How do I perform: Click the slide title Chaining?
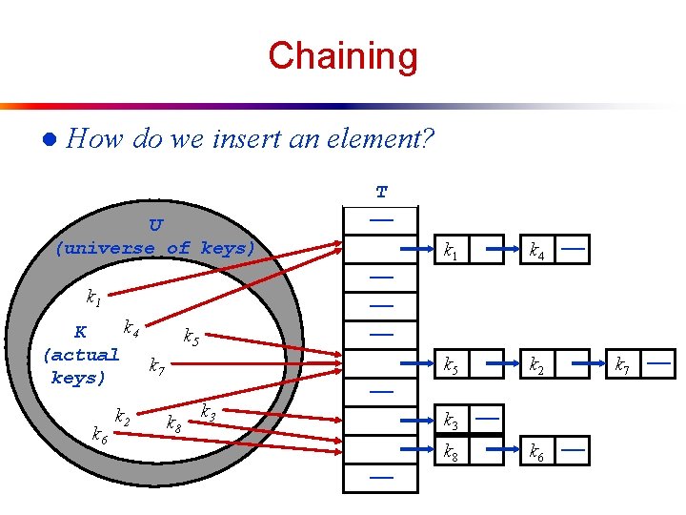pos(342,55)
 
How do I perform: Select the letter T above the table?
pos(381,192)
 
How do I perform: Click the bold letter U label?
pos(155,225)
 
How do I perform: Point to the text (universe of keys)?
pos(155,248)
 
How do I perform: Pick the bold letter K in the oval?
pos(81,333)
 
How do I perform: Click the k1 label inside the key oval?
pos(93,298)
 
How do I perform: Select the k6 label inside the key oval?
pos(99,435)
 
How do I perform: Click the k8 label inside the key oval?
pos(174,422)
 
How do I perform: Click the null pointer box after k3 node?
pos(488,419)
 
